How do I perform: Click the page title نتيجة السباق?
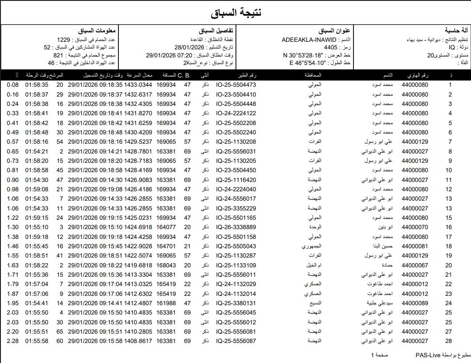pos(235,12)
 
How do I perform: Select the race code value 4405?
pos(331,48)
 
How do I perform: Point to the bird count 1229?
pos(65,40)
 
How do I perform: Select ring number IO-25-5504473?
pos(236,85)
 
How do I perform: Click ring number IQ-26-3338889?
pos(236,227)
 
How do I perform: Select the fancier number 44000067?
pos(414,265)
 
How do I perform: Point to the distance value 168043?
pos(166,265)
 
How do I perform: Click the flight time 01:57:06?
pos(37,294)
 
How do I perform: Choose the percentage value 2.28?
pos(12,341)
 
